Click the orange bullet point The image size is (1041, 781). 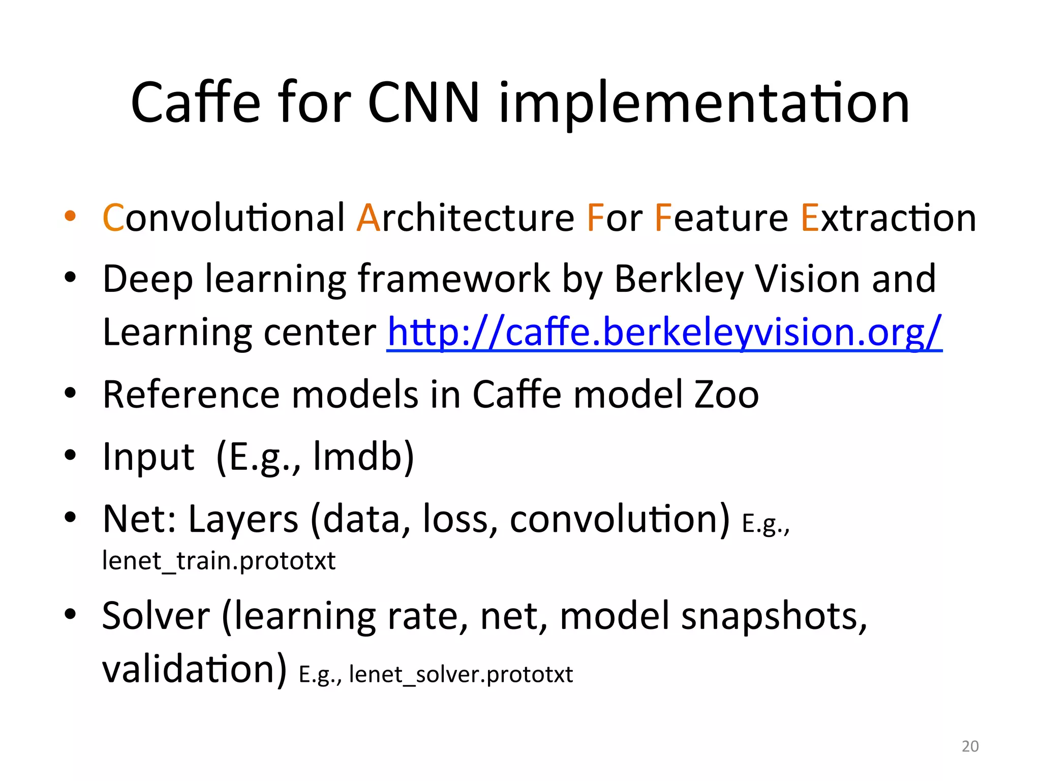pyautogui.click(x=70, y=216)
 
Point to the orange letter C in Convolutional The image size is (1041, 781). pyautogui.click(x=113, y=218)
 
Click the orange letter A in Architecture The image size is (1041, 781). pyautogui.click(x=368, y=218)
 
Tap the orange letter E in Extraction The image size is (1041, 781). pyautogui.click(x=810, y=218)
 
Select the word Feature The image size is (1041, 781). pyautogui.click(x=721, y=218)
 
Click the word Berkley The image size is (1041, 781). pyautogui.click(x=679, y=280)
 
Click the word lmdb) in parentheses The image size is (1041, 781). pyautogui.click(x=364, y=457)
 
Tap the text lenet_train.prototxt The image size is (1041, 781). pyautogui.click(x=219, y=561)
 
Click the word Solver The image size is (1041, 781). pyautogui.click(x=156, y=616)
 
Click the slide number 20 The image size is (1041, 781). pyautogui.click(x=970, y=746)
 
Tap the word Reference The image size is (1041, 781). pyautogui.click(x=191, y=395)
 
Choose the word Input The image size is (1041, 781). pyautogui.click(x=148, y=457)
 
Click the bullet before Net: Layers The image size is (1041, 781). pyautogui.click(x=70, y=517)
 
